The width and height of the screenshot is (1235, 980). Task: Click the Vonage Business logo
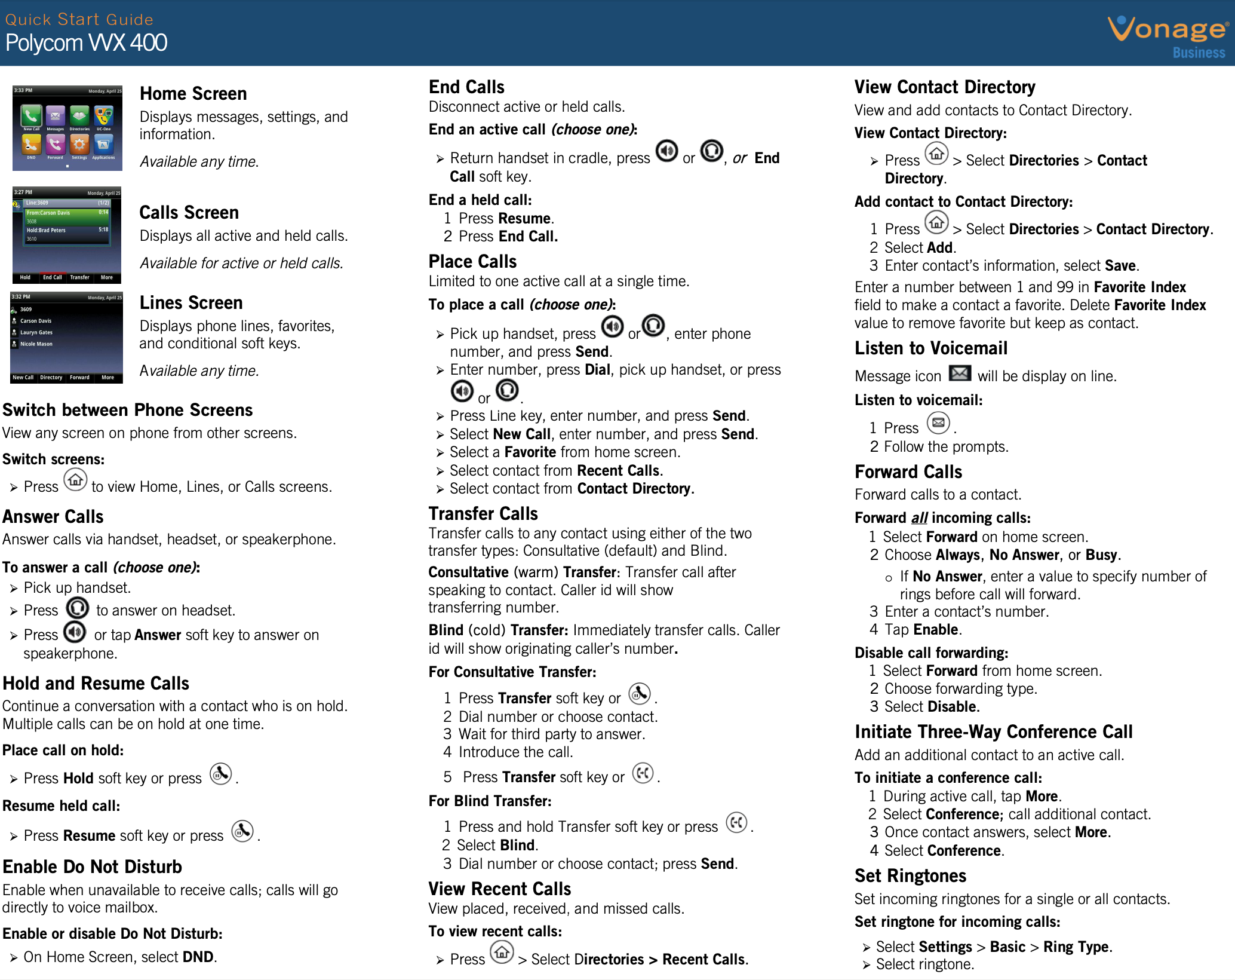coord(1168,36)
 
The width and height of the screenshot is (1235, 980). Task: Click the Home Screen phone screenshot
coord(67,128)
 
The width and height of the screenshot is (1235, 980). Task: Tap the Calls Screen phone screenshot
coord(67,235)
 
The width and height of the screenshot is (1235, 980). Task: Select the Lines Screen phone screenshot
coord(67,337)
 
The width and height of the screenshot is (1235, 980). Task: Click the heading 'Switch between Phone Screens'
coord(128,410)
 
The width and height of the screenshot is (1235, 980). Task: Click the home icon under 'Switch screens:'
coord(75,480)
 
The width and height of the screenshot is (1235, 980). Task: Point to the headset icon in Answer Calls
coord(77,608)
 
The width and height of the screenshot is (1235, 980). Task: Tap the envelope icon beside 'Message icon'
coord(960,373)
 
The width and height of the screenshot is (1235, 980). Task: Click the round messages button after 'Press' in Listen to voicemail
coord(938,423)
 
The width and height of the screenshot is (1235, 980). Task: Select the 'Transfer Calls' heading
coord(483,514)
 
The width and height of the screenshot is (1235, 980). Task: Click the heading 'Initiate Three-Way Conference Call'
coord(993,732)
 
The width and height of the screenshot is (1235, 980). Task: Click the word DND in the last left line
coord(198,957)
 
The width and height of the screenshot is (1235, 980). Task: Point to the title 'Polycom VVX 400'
coord(87,43)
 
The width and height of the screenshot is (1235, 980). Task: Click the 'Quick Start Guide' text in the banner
coord(79,20)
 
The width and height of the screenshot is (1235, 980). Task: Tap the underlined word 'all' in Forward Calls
coord(919,518)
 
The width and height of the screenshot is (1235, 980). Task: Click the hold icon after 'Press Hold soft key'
coord(220,774)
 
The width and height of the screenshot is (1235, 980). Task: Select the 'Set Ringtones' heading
coord(910,876)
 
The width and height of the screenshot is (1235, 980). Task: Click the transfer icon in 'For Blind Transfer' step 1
coord(736,822)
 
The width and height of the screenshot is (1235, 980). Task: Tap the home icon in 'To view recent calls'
coord(502,952)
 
